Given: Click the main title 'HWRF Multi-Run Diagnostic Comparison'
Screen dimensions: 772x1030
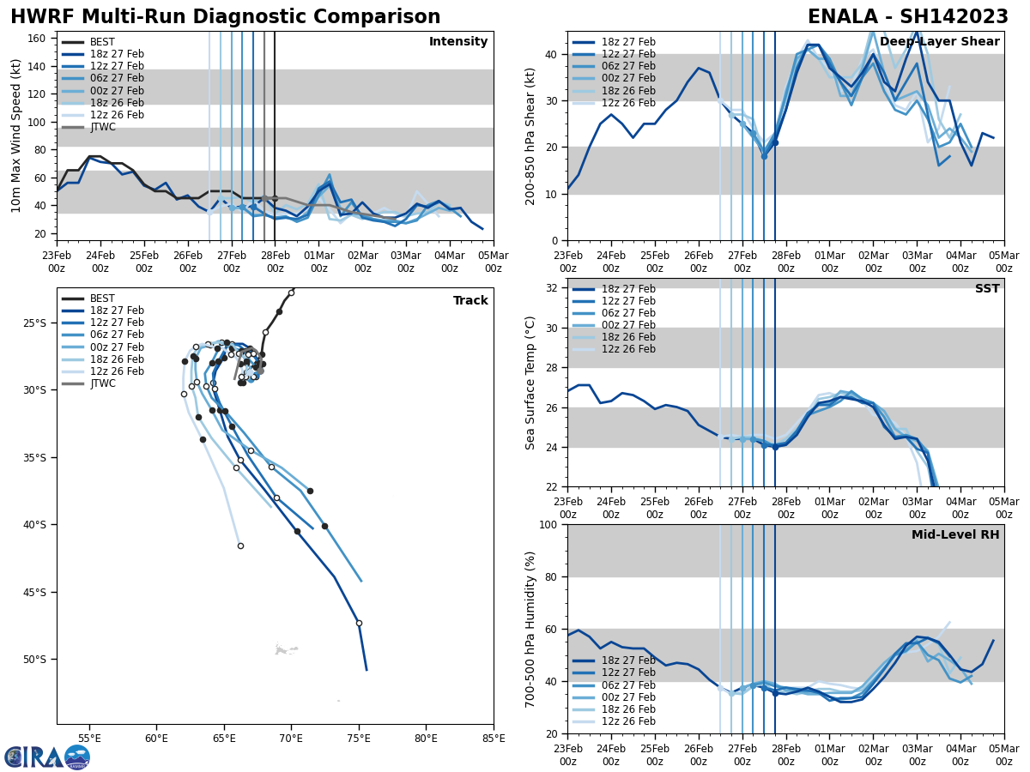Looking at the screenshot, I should point(225,17).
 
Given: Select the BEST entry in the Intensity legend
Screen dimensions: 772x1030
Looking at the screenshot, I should point(102,42).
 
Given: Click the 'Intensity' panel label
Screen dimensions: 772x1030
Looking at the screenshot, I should point(458,42).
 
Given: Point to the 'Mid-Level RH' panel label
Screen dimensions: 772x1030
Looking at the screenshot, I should point(955,535).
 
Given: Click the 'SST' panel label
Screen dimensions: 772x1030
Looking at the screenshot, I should point(987,289).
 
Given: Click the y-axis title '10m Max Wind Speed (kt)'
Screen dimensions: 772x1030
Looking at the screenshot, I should point(16,136).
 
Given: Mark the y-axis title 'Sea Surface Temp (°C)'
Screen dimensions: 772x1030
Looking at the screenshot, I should point(530,383).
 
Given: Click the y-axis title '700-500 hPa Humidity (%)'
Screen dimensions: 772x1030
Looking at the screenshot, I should point(530,629).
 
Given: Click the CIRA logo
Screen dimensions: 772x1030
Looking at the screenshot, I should point(46,757).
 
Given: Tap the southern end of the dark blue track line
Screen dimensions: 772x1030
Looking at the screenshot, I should point(367,669).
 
